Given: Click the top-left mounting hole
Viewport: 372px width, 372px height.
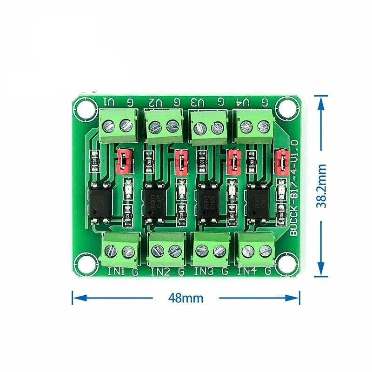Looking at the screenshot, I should [x=83, y=110].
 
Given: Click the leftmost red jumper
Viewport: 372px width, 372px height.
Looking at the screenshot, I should [x=124, y=159].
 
